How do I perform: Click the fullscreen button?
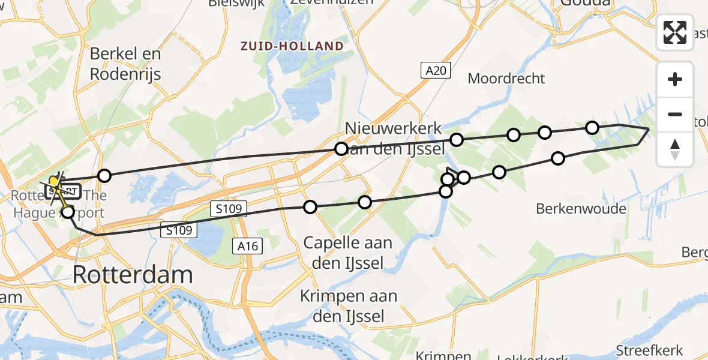pos(675,32)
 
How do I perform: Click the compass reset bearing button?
pos(675,149)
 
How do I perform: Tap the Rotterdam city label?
pos(133,275)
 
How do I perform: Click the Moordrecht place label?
pos(506,78)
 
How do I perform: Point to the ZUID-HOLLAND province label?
pos(292,46)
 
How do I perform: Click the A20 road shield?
pos(435,71)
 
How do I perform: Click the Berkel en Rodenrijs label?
pos(125,64)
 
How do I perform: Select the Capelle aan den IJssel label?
pos(347,253)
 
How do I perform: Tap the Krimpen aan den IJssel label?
pos(349,306)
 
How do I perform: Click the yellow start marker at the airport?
pos(53,180)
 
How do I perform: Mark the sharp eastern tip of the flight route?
pos(649,129)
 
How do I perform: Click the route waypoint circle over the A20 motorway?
pos(341,148)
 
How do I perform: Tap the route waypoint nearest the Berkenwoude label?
pos(558,158)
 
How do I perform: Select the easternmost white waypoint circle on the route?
pos(592,127)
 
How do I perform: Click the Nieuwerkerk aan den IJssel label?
pos(394,137)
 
